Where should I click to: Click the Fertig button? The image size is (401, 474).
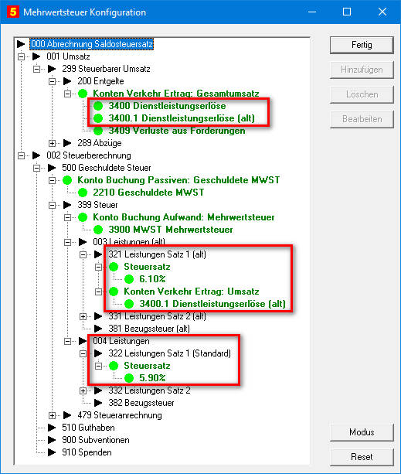(362, 45)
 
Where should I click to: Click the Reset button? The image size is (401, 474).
(362, 457)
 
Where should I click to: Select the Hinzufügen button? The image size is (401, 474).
(362, 70)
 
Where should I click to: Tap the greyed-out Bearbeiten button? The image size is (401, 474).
(362, 119)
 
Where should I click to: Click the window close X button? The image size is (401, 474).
(382, 12)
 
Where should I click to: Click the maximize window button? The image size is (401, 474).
(347, 12)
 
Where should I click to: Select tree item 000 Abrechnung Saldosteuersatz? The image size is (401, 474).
(92, 44)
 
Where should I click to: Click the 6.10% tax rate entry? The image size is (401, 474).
(152, 278)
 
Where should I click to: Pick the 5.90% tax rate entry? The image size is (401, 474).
(152, 378)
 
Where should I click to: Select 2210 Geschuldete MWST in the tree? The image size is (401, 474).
(148, 193)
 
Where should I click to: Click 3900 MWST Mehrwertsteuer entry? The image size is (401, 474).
(171, 230)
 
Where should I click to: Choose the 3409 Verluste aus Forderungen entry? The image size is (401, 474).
(177, 131)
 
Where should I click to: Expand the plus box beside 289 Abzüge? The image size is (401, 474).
(52, 143)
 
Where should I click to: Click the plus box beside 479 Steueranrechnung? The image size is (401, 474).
(52, 416)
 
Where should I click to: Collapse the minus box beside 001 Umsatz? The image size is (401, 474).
(21, 56)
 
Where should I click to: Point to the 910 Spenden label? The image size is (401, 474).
(87, 452)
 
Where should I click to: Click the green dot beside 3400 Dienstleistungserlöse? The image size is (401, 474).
(98, 106)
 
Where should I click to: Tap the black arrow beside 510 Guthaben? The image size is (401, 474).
(52, 428)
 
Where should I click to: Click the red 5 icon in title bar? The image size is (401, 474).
(13, 12)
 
